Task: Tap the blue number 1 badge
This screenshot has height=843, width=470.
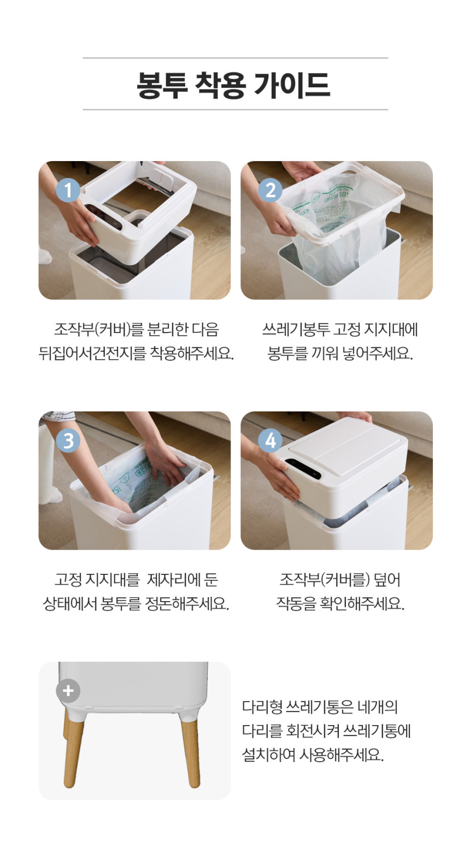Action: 68,191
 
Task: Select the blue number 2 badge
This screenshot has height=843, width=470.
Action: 270,191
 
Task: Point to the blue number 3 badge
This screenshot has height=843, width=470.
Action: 68,441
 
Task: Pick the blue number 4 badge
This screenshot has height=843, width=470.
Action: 270,441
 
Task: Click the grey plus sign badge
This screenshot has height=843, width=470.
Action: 68,691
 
